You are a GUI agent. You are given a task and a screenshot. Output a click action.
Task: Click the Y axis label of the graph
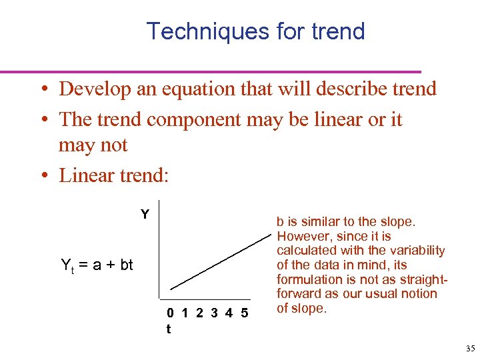click(x=145, y=215)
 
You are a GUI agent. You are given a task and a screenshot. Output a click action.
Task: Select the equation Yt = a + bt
click(x=97, y=265)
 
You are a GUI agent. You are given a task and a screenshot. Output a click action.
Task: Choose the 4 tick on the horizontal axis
click(x=229, y=313)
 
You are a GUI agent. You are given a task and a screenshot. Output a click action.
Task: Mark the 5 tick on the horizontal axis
click(x=245, y=313)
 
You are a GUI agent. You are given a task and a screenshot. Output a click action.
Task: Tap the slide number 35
click(x=470, y=347)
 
